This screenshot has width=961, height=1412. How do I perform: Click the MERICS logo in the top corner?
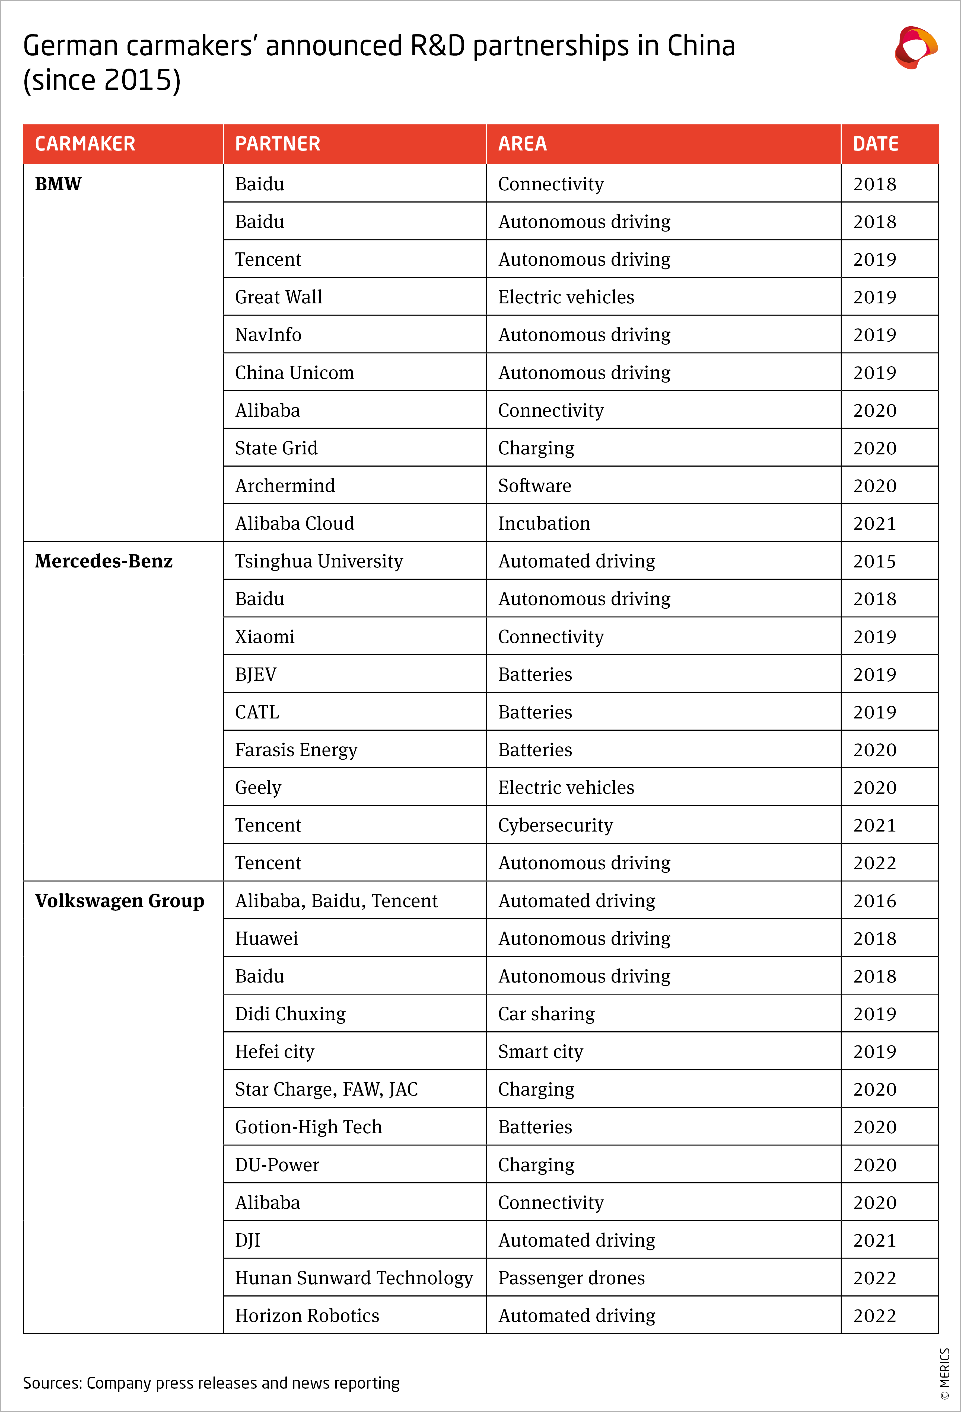[x=915, y=47]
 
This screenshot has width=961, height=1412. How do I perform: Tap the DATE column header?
[x=875, y=144]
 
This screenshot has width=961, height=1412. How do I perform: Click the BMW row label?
[x=58, y=184]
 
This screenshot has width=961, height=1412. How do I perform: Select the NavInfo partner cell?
[x=268, y=335]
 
